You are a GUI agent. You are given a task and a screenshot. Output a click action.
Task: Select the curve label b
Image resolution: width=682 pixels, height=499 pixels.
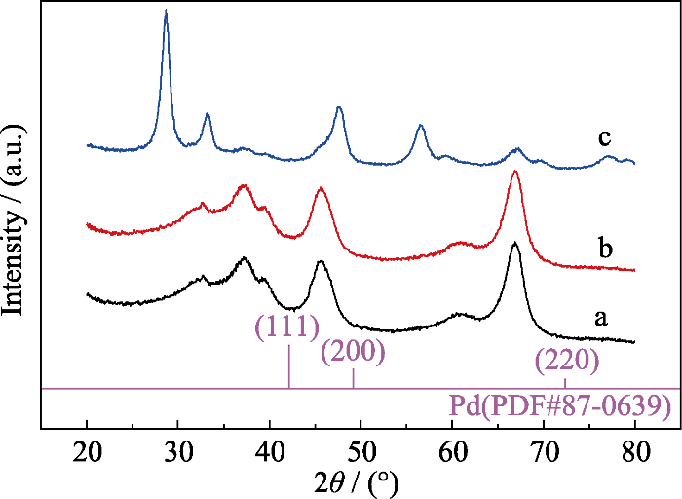(x=605, y=249)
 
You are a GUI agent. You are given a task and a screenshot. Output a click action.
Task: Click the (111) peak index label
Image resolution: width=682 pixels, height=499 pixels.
(x=287, y=327)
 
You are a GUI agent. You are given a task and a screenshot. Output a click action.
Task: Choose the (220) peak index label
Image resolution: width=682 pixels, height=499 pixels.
(x=566, y=363)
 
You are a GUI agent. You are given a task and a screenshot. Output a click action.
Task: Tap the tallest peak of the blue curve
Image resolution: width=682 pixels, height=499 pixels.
(x=167, y=12)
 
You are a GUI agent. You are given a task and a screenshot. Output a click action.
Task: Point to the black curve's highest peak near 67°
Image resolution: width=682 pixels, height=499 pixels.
(x=515, y=244)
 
